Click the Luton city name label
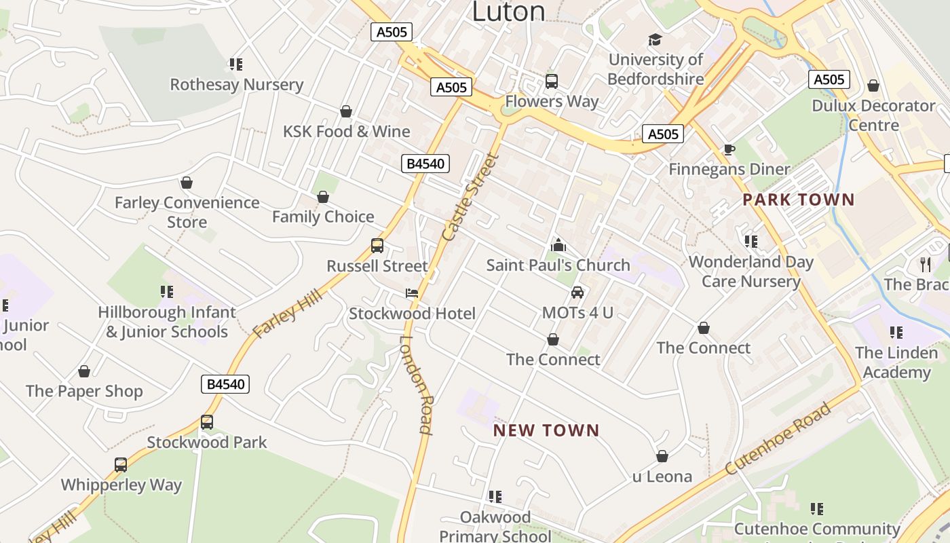pyautogui.click(x=508, y=11)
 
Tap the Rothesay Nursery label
pyautogui.click(x=236, y=85)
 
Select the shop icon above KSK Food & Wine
pyautogui.click(x=346, y=111)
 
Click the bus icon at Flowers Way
pyautogui.click(x=552, y=81)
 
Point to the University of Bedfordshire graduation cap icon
pyautogui.click(x=655, y=40)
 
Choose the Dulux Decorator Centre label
pyautogui.click(x=873, y=115)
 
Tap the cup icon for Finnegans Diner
pyautogui.click(x=729, y=149)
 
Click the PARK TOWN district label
pyautogui.click(x=798, y=200)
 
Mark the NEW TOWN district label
pyautogui.click(x=546, y=430)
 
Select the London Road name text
pyautogui.click(x=416, y=384)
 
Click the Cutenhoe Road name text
pyautogui.click(x=778, y=439)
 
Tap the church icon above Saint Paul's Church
pyautogui.click(x=558, y=244)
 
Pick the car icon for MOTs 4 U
pyautogui.click(x=577, y=293)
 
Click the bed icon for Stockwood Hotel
pyautogui.click(x=412, y=293)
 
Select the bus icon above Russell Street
pyautogui.click(x=377, y=246)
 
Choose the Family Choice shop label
pyautogui.click(x=323, y=217)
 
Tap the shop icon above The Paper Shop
pyautogui.click(x=84, y=371)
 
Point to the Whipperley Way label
pyautogui.click(x=121, y=485)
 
